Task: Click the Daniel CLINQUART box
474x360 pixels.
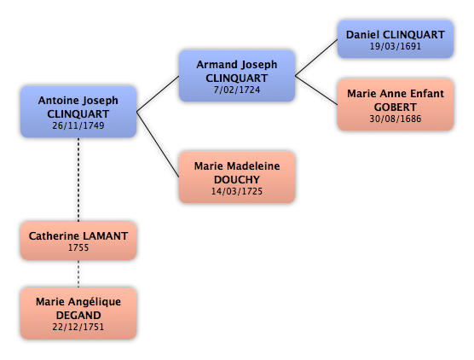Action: [x=396, y=39]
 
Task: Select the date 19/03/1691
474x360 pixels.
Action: [x=396, y=46]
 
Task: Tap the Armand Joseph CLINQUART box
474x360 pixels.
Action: [x=237, y=76]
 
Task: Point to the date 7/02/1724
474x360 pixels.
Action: [x=237, y=90]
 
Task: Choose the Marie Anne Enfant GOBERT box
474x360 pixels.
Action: [x=396, y=105]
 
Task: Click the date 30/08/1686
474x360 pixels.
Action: [x=396, y=119]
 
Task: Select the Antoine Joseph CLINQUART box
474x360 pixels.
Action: [x=78, y=112]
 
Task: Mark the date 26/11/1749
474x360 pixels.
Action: [x=78, y=125]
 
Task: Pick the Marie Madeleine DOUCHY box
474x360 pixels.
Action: [x=237, y=177]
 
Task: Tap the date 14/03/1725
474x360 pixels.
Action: [x=237, y=191]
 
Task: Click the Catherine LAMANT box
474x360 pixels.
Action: [x=78, y=241]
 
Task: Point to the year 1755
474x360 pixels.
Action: [x=78, y=247]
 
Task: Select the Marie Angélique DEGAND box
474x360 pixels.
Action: [x=78, y=313]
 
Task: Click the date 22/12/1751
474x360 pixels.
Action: [x=78, y=327]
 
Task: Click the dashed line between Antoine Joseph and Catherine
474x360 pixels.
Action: [x=78, y=180]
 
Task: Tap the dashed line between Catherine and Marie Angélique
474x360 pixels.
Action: [x=78, y=274]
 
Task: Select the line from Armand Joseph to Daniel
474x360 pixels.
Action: [x=316, y=57]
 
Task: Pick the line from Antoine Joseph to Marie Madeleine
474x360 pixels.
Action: [x=158, y=144]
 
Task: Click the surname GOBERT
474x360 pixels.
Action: [x=396, y=107]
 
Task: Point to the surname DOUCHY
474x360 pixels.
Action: [x=237, y=180]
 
